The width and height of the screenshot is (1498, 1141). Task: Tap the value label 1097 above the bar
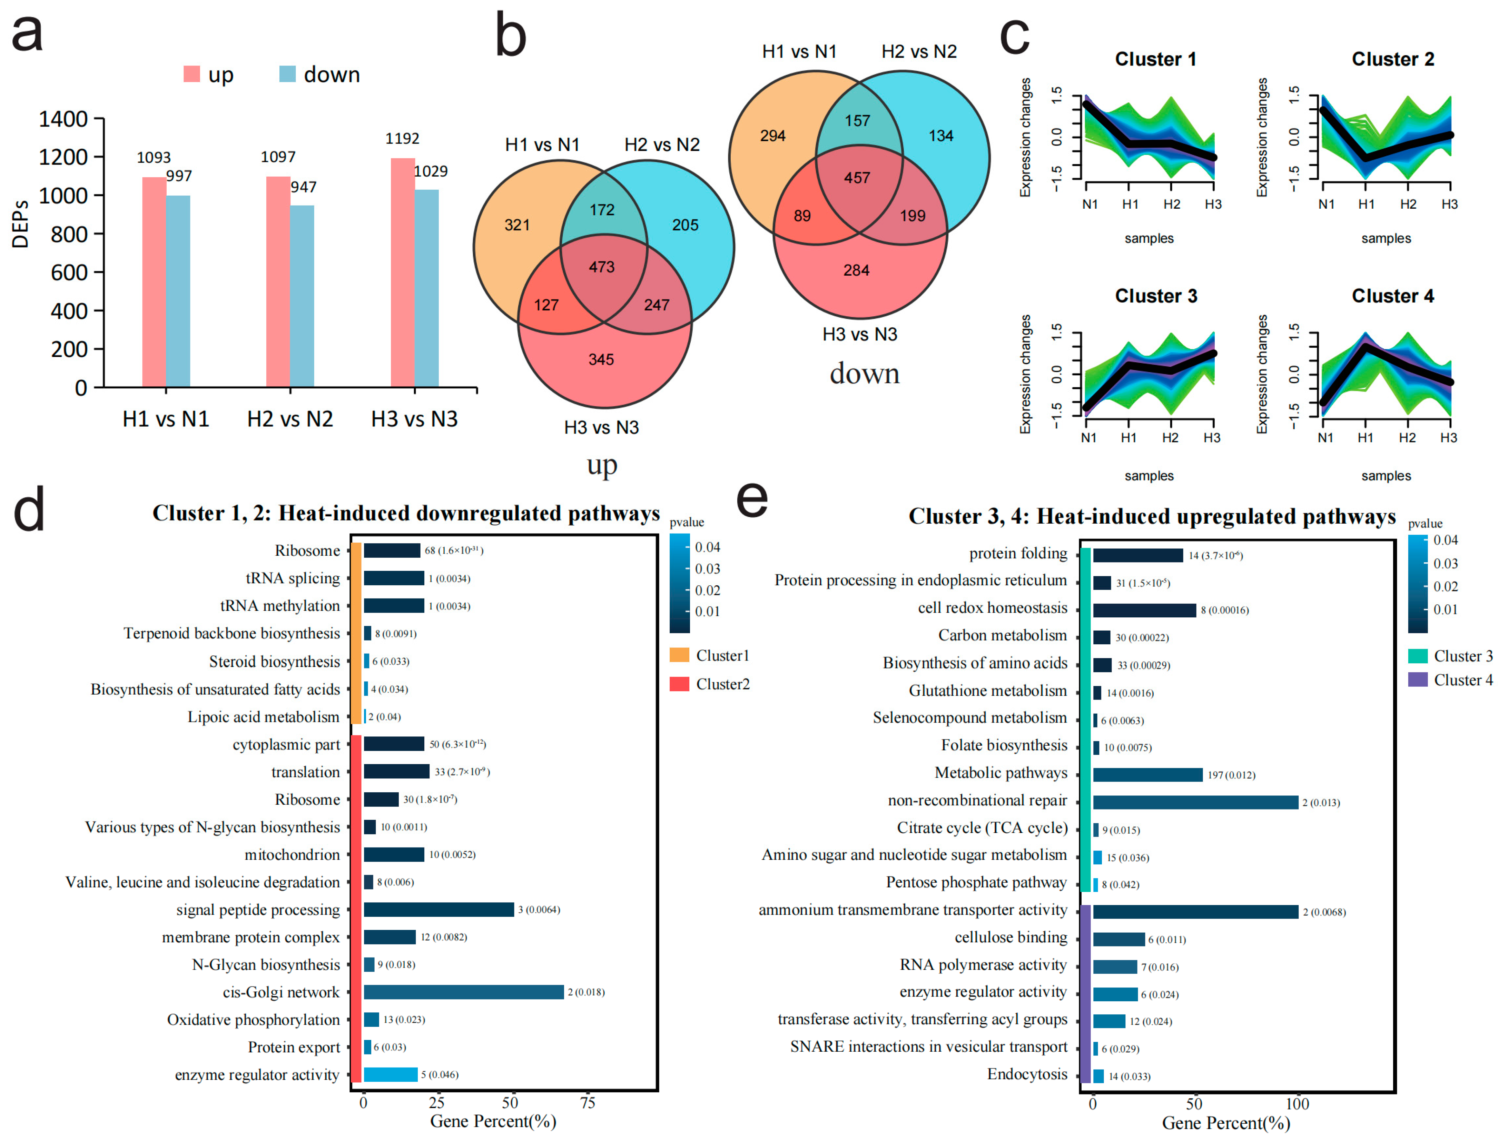point(278,157)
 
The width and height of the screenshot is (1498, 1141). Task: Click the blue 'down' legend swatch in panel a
point(287,74)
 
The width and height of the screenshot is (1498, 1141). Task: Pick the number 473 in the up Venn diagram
point(601,267)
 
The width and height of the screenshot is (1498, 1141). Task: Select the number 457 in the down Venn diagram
point(857,178)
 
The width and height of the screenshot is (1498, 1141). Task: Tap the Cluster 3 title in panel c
point(1156,296)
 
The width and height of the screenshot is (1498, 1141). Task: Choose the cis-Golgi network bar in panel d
point(463,992)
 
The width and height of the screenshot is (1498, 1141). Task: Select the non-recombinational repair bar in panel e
point(1195,802)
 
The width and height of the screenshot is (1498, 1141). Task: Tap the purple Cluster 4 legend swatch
point(1418,680)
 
